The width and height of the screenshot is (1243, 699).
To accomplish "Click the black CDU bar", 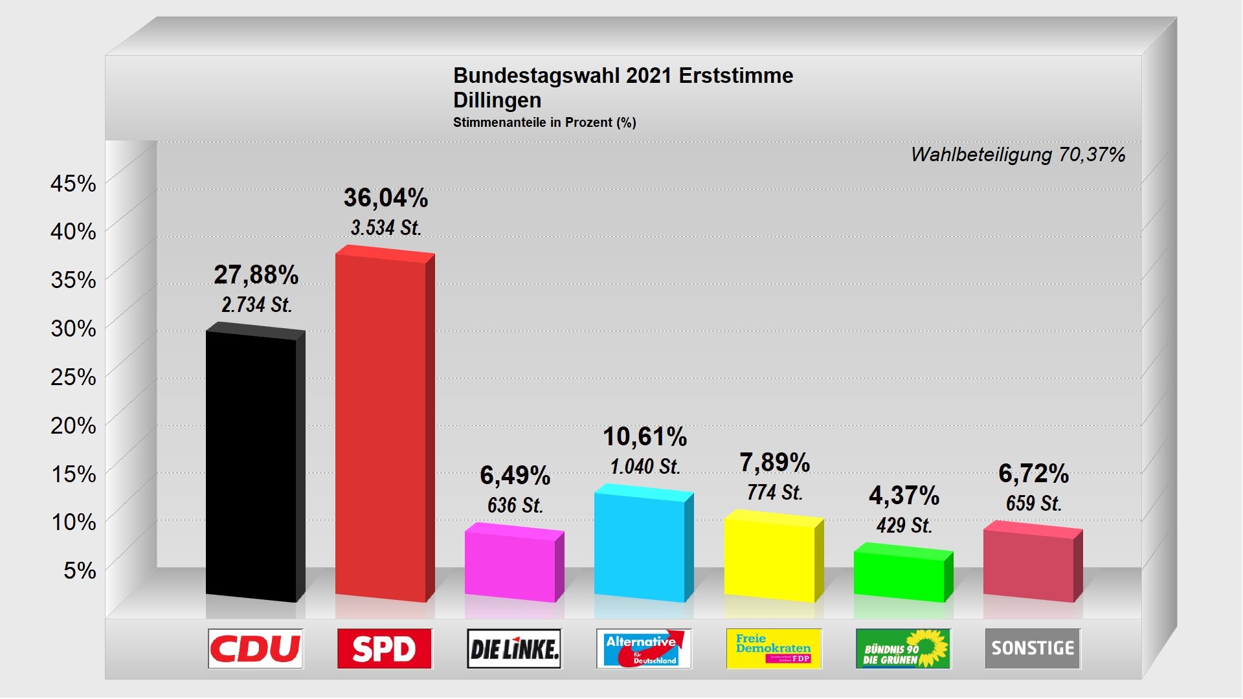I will pyautogui.click(x=251, y=466).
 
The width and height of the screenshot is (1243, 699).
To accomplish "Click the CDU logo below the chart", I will pyautogui.click(x=256, y=649).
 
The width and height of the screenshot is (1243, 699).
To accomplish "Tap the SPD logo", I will pyautogui.click(x=385, y=649).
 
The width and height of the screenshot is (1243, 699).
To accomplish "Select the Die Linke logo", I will pyautogui.click(x=515, y=649).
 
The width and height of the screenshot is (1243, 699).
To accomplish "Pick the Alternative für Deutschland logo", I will pyautogui.click(x=644, y=649).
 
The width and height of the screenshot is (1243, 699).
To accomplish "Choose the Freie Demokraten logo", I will pyautogui.click(x=774, y=649).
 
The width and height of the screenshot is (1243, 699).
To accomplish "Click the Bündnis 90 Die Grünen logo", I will pyautogui.click(x=903, y=649).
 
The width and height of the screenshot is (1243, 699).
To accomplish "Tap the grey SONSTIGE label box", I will pyautogui.click(x=1033, y=649).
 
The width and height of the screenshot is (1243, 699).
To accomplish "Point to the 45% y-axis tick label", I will pyautogui.click(x=73, y=184).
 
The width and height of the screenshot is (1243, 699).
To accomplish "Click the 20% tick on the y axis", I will pyautogui.click(x=73, y=426).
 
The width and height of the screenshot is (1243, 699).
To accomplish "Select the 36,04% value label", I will pyautogui.click(x=386, y=198).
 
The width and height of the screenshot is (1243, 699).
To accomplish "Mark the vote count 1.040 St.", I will pyautogui.click(x=645, y=467).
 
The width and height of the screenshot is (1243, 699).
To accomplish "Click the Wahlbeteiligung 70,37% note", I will pyautogui.click(x=1018, y=155).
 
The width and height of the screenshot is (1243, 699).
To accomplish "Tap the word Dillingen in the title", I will pyautogui.click(x=497, y=100).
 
